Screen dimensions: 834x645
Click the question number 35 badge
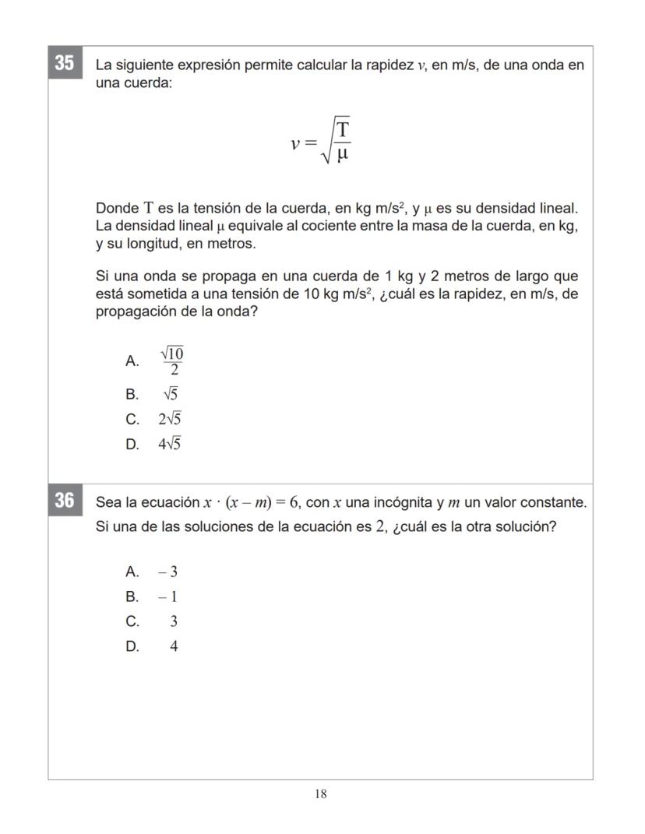click(x=65, y=63)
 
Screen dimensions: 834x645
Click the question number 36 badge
click(x=65, y=500)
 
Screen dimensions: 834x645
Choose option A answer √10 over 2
click(x=172, y=361)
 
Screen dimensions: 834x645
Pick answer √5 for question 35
click(x=171, y=394)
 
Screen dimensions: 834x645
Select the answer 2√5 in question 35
click(x=170, y=419)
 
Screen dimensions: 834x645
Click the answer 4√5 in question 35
click(x=170, y=445)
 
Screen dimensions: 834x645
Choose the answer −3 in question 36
click(x=167, y=572)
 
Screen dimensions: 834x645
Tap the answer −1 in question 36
click(x=167, y=597)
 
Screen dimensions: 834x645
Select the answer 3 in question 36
click(x=174, y=621)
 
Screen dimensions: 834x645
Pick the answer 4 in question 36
click(x=174, y=646)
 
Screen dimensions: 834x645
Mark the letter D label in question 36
click(x=132, y=646)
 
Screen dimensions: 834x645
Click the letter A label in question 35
click(x=132, y=361)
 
